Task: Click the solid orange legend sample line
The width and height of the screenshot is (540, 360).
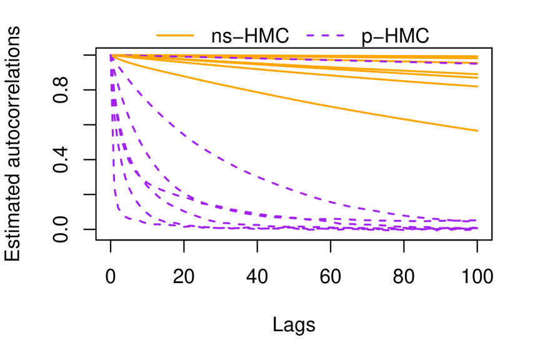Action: click(x=175, y=36)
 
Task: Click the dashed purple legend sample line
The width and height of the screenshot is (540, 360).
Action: click(x=325, y=36)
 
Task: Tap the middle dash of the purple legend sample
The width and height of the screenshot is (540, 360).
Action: click(x=325, y=36)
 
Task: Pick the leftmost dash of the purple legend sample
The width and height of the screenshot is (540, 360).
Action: click(x=310, y=36)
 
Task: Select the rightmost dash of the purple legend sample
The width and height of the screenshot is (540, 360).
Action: click(x=340, y=36)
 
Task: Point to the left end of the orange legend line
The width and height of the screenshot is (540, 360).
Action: click(x=156, y=36)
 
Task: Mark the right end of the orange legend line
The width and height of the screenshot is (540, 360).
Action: click(x=194, y=36)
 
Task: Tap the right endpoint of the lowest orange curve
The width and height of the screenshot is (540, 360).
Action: click(x=477, y=131)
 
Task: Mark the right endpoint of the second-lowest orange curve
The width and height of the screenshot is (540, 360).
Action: click(x=477, y=86)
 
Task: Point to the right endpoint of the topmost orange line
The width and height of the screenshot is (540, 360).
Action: click(x=477, y=57)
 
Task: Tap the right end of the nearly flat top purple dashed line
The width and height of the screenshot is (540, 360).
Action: click(x=477, y=63)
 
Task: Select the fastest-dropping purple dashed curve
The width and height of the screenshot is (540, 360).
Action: click(x=114, y=187)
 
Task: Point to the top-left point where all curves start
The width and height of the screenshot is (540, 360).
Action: click(x=112, y=56)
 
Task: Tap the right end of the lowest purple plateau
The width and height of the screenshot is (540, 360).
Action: click(x=477, y=228)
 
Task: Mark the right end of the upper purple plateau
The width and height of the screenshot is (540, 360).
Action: click(x=476, y=220)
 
